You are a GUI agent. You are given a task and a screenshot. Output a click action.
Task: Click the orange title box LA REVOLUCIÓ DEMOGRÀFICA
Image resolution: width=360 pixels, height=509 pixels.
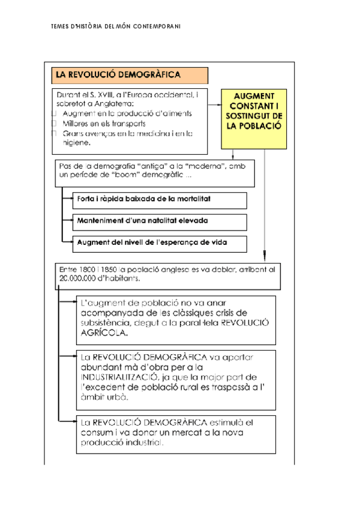click(x=130, y=75)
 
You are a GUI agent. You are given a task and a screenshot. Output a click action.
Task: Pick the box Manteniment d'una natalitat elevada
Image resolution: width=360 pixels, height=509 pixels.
click(x=159, y=220)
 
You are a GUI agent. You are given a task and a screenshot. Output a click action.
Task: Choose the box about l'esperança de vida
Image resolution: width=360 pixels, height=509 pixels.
click(x=159, y=242)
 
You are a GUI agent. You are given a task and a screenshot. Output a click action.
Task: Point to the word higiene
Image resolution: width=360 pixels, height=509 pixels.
click(x=75, y=143)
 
